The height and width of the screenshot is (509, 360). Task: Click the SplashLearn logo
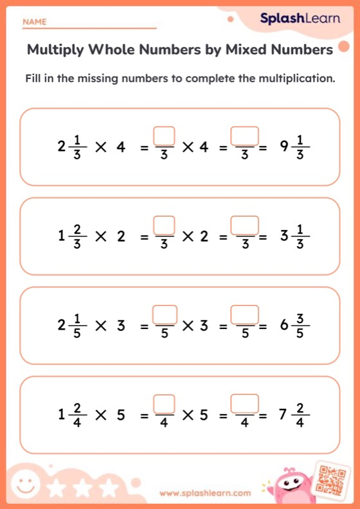[x=300, y=19]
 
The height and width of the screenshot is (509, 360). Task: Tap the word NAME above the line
[x=35, y=22]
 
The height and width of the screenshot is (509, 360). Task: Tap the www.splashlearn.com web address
[x=205, y=494]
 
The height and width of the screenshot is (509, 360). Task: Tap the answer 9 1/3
[x=295, y=147]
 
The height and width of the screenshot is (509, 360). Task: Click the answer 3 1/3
[x=295, y=237]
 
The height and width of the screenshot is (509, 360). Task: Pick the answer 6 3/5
[x=295, y=326]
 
